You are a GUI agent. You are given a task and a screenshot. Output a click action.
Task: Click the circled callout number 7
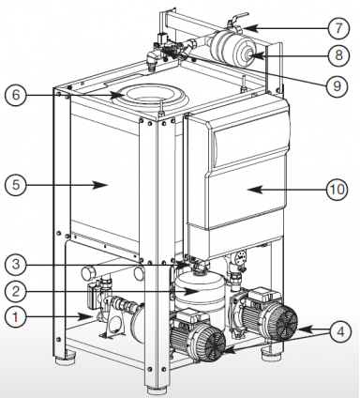(339, 28)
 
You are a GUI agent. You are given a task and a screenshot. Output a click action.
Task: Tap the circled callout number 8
(339, 55)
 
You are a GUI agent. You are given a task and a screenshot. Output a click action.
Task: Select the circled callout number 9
(337, 85)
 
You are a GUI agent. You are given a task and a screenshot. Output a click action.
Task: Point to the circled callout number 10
(337, 190)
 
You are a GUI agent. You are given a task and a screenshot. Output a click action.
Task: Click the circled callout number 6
(16, 95)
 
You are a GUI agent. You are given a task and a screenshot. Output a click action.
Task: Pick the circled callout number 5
(16, 185)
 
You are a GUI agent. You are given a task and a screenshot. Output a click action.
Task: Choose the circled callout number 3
(16, 265)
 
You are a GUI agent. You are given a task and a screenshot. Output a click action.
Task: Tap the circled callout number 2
(16, 292)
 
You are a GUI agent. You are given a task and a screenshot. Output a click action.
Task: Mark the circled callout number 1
(16, 317)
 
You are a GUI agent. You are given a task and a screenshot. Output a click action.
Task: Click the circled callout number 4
(340, 331)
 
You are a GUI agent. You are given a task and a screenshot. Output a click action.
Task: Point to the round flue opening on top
(150, 97)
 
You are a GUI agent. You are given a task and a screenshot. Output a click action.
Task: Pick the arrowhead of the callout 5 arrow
(100, 185)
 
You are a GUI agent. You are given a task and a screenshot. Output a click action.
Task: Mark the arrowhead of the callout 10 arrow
(255, 190)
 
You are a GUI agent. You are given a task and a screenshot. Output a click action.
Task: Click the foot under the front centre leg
(157, 391)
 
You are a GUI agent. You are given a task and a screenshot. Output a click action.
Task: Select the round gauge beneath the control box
(241, 255)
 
